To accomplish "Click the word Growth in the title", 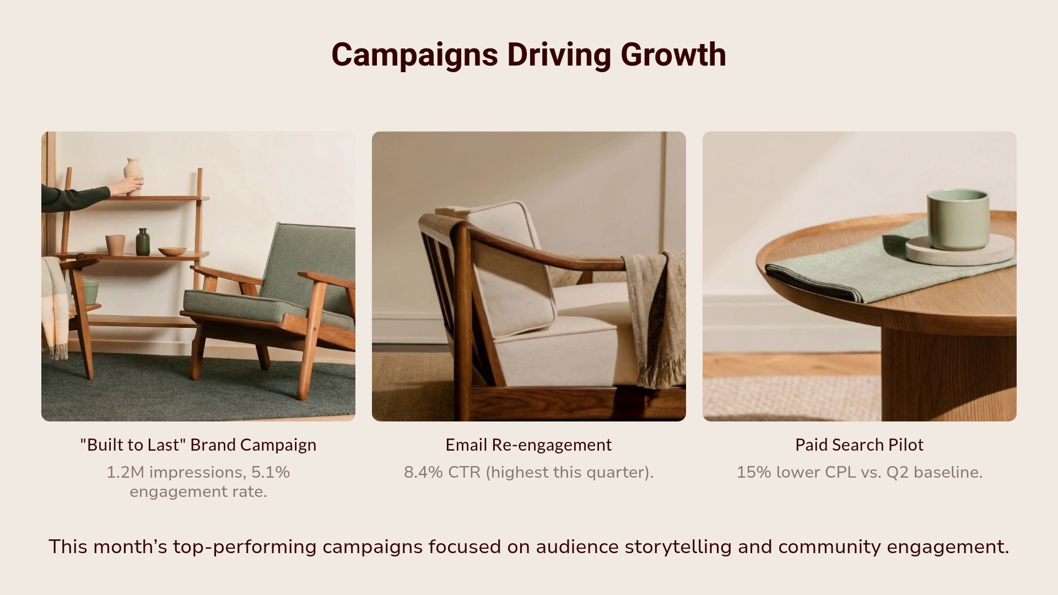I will click(x=673, y=55).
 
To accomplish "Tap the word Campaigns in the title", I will click(x=414, y=55).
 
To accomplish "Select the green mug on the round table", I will click(x=958, y=219).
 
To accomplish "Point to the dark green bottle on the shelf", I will click(x=143, y=242).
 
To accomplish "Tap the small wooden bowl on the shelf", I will click(x=172, y=251).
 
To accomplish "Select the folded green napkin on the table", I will click(x=849, y=267).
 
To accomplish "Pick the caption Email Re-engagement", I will click(x=528, y=445).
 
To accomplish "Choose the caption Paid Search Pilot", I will click(x=859, y=445).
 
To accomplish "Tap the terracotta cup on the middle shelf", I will click(x=115, y=245).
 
